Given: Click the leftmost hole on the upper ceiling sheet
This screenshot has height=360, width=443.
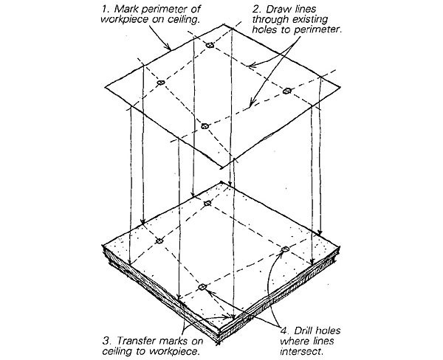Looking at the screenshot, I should (159, 84).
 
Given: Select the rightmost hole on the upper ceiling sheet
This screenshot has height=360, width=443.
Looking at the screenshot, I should (287, 91).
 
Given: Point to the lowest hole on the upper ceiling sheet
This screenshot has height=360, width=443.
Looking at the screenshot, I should (206, 127).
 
